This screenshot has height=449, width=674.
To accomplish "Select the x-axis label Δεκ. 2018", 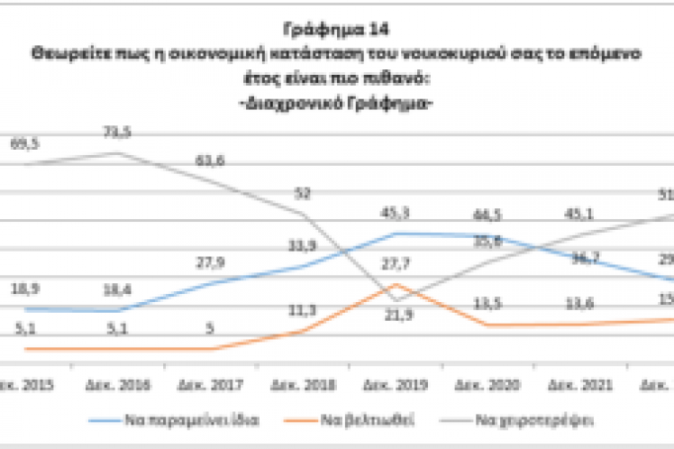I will coord(307,385).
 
